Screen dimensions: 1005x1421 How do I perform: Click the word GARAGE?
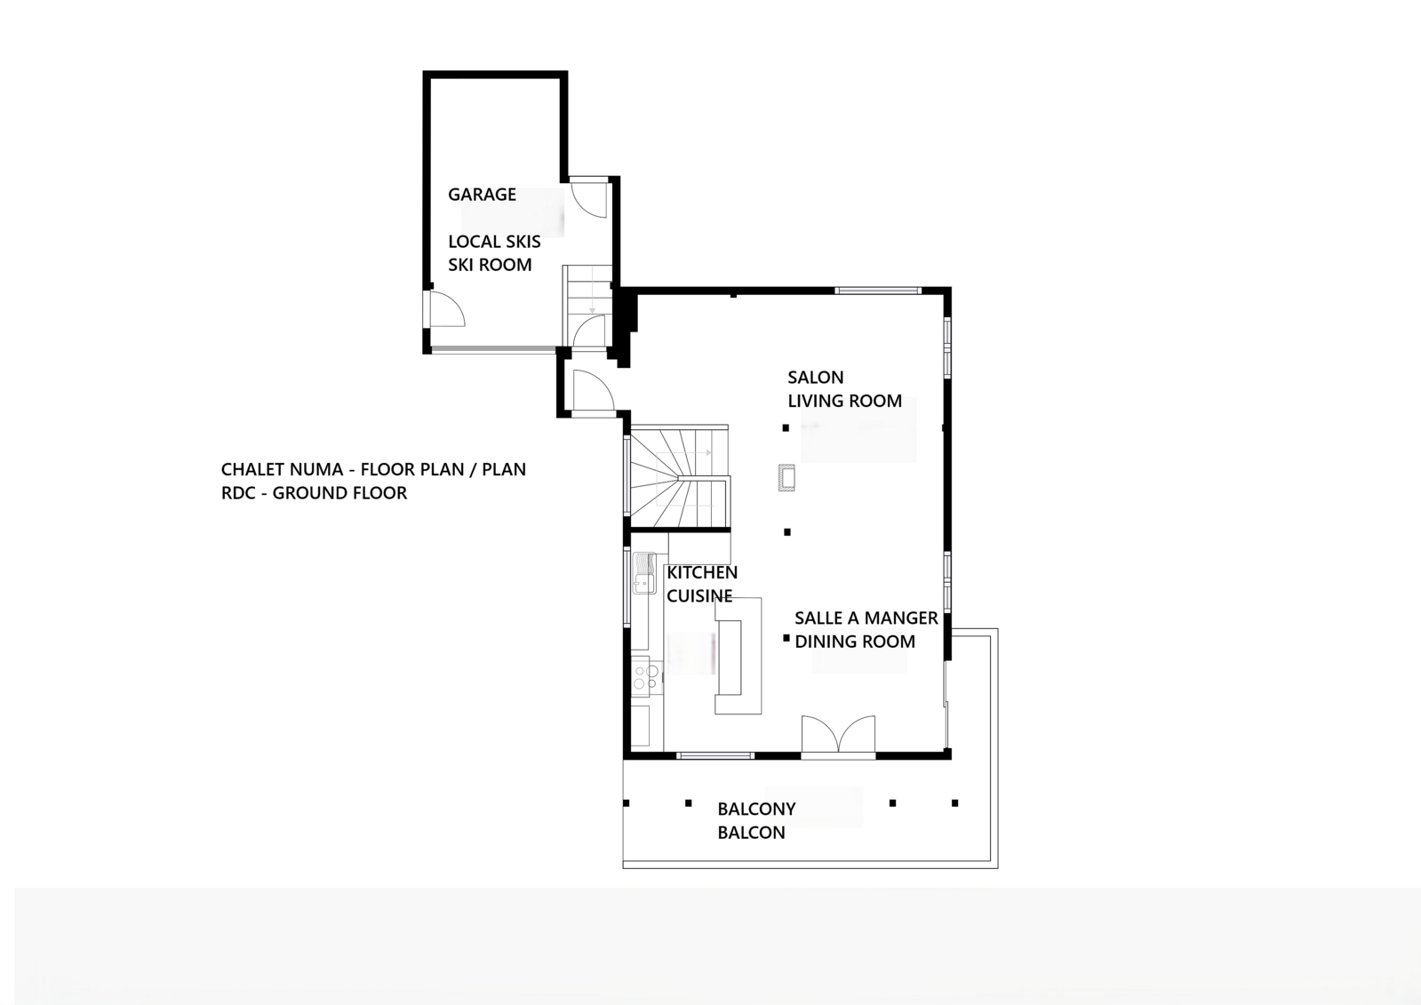[x=481, y=194]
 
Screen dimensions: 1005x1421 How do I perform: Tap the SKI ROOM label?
[x=490, y=265]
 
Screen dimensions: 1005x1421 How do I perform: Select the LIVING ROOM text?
[x=844, y=401]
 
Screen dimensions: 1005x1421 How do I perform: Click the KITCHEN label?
[x=702, y=572]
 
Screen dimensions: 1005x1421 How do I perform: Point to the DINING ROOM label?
[x=854, y=642]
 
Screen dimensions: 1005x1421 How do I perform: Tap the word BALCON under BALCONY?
[x=751, y=833]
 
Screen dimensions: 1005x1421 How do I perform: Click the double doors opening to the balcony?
[x=838, y=736]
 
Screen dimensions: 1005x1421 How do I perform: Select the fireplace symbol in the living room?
[x=786, y=478]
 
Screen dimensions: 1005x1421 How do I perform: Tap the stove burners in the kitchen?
[x=646, y=677]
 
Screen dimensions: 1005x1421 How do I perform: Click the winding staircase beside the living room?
[x=680, y=480]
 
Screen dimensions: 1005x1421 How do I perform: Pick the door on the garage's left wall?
[x=444, y=309]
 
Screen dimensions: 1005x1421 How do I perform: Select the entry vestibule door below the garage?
[x=590, y=391]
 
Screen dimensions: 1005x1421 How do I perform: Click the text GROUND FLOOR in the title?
[x=339, y=493]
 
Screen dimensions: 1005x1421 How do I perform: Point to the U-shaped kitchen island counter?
[x=739, y=656]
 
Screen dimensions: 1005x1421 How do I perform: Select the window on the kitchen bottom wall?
[x=715, y=755]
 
